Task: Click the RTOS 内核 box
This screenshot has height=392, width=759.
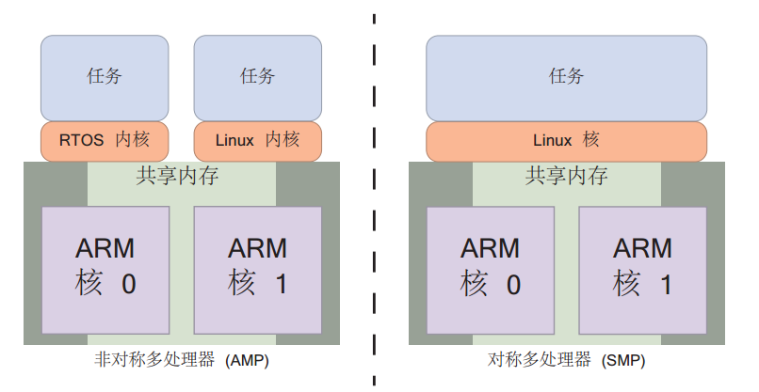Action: click(x=105, y=141)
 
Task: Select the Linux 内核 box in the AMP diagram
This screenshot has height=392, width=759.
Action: click(x=257, y=141)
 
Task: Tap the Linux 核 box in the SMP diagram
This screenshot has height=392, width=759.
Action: click(x=566, y=141)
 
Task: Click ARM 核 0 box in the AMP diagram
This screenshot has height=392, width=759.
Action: click(x=105, y=269)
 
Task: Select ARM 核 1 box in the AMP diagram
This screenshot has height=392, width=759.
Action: click(x=258, y=269)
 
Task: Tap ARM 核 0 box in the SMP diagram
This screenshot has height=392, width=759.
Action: click(x=490, y=269)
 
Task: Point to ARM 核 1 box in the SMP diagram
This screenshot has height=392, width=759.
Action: click(x=642, y=269)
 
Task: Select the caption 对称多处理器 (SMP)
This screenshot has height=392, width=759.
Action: click(x=566, y=360)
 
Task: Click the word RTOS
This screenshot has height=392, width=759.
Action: click(x=81, y=141)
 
